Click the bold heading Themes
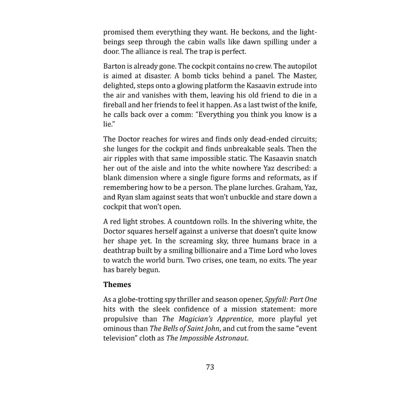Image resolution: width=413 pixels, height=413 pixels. (x=117, y=285)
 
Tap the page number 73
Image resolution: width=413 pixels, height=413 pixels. (x=210, y=367)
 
